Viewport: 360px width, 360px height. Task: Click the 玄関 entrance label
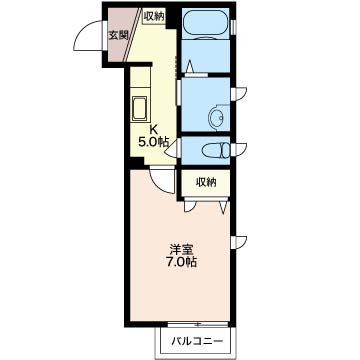(118, 35)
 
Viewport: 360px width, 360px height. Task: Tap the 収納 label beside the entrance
(154, 16)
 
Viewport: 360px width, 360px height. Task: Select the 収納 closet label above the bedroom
(206, 182)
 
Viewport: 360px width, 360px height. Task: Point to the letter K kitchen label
(154, 129)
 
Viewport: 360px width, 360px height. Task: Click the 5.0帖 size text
(153, 142)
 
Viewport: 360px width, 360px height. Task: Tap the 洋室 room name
(181, 249)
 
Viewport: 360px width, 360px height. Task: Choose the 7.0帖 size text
(181, 262)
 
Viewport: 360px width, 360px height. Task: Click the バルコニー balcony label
(197, 341)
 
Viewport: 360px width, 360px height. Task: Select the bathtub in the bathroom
(205, 24)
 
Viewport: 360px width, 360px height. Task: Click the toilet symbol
(217, 149)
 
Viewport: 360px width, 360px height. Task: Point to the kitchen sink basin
(139, 108)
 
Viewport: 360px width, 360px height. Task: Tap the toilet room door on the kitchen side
(173, 149)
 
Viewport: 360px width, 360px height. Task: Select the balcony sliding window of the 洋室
(198, 324)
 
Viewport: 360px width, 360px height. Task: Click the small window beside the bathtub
(234, 27)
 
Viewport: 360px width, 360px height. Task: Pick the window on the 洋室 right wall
(238, 242)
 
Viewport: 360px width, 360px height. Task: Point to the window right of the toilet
(238, 149)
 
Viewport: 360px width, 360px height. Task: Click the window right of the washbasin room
(238, 93)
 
